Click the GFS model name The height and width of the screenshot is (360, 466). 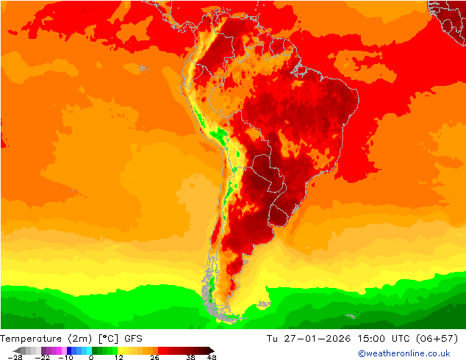[x=134, y=338]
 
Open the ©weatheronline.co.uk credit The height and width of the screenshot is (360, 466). [x=404, y=353]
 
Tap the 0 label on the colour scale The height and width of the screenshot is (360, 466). [x=90, y=357]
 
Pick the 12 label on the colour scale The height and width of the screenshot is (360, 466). [x=119, y=357]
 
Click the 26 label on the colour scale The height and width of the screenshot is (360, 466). [x=154, y=357]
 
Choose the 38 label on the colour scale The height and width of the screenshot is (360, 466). [x=190, y=357]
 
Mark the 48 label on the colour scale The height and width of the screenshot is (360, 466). [x=212, y=357]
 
